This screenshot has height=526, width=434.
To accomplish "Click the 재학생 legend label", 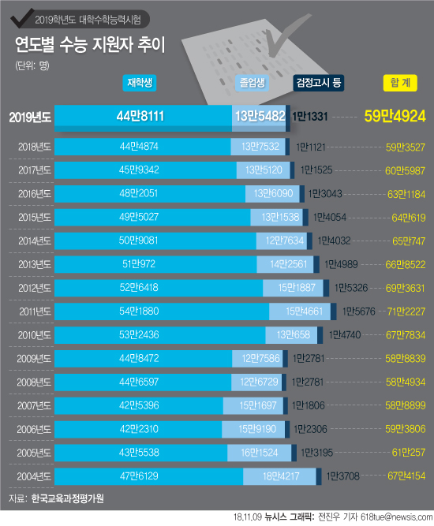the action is click(x=140, y=83).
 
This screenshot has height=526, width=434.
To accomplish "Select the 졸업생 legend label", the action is click(x=252, y=83).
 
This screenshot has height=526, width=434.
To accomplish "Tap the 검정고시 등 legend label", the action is click(x=319, y=83).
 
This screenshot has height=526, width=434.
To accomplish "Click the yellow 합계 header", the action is click(x=400, y=83).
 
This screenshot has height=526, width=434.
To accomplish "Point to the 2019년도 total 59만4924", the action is click(x=395, y=116).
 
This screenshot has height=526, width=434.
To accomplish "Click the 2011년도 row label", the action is click(x=35, y=311).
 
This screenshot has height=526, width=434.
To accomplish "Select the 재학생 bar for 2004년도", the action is click(x=148, y=476).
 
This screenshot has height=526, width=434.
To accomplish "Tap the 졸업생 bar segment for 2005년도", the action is click(x=259, y=453).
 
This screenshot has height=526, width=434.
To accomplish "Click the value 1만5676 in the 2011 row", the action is click(x=358, y=311).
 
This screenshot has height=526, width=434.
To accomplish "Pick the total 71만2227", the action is click(x=406, y=311).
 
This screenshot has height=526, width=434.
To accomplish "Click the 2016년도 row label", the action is click(x=35, y=194).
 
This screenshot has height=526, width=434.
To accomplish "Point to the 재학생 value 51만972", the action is click(x=139, y=264).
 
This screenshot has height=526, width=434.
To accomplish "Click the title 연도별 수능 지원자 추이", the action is click(x=90, y=45).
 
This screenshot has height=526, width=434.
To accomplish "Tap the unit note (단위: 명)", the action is click(x=32, y=65).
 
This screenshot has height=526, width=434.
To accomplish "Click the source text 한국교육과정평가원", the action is click(x=67, y=498).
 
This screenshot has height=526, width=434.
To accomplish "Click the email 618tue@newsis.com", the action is click(x=396, y=517).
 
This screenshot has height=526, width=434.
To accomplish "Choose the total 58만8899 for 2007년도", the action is click(x=406, y=405).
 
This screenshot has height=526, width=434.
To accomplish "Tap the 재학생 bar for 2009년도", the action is click(x=144, y=359).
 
